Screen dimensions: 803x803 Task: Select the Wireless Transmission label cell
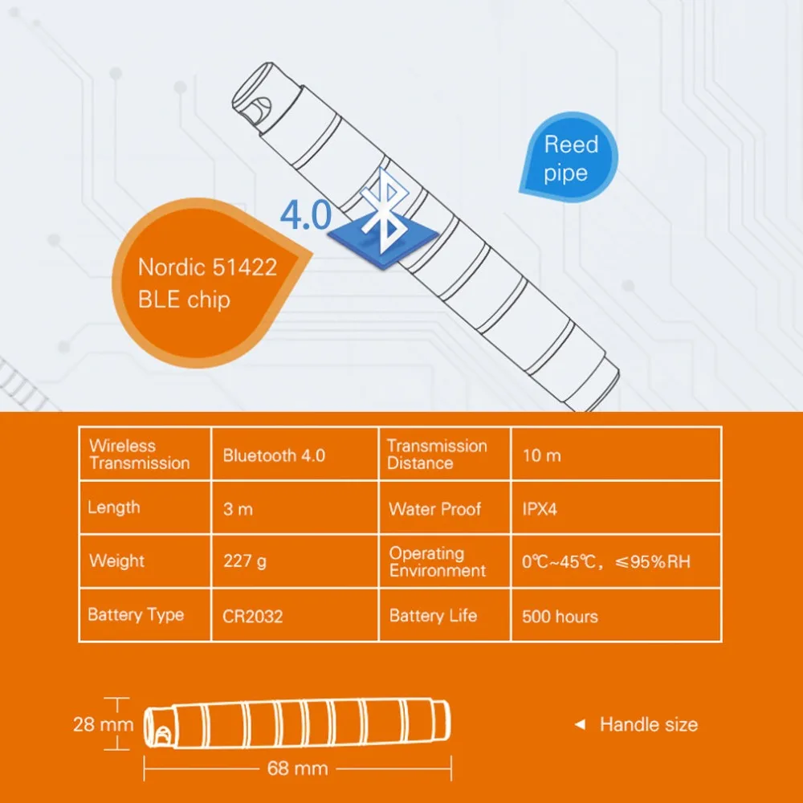[140, 454]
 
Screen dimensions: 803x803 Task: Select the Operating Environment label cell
[438, 562]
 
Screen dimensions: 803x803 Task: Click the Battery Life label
[433, 616]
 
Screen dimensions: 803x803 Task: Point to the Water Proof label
[435, 509]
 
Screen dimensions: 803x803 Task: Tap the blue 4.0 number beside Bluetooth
[305, 216]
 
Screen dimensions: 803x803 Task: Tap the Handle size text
[649, 724]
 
